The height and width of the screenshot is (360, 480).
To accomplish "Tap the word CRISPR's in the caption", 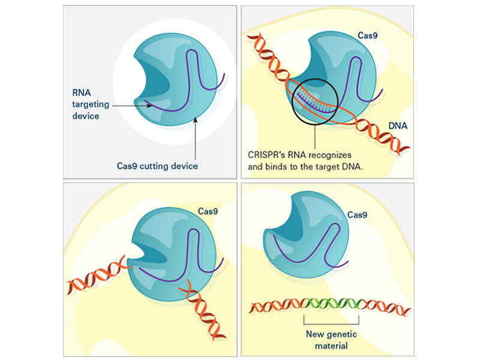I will tap(267, 154).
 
